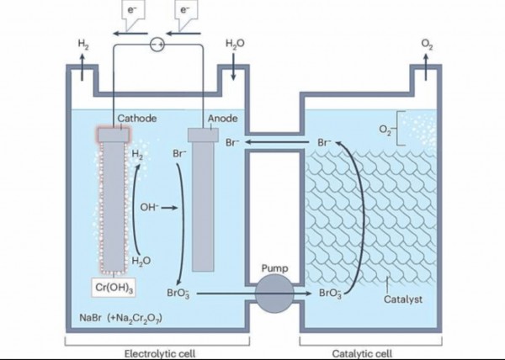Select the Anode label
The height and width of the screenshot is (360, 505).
point(223,119)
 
